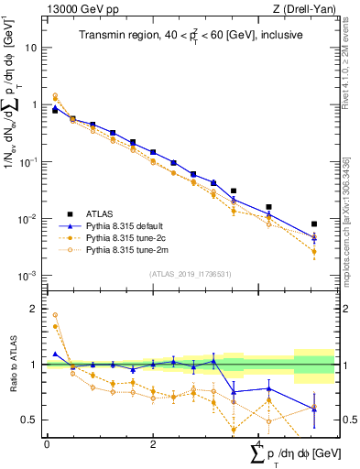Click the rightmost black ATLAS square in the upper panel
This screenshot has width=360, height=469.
pyautogui.click(x=314, y=224)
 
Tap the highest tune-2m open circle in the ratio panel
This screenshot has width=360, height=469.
pyautogui.click(x=55, y=315)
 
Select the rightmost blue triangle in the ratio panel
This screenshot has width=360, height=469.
pyautogui.click(x=314, y=409)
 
